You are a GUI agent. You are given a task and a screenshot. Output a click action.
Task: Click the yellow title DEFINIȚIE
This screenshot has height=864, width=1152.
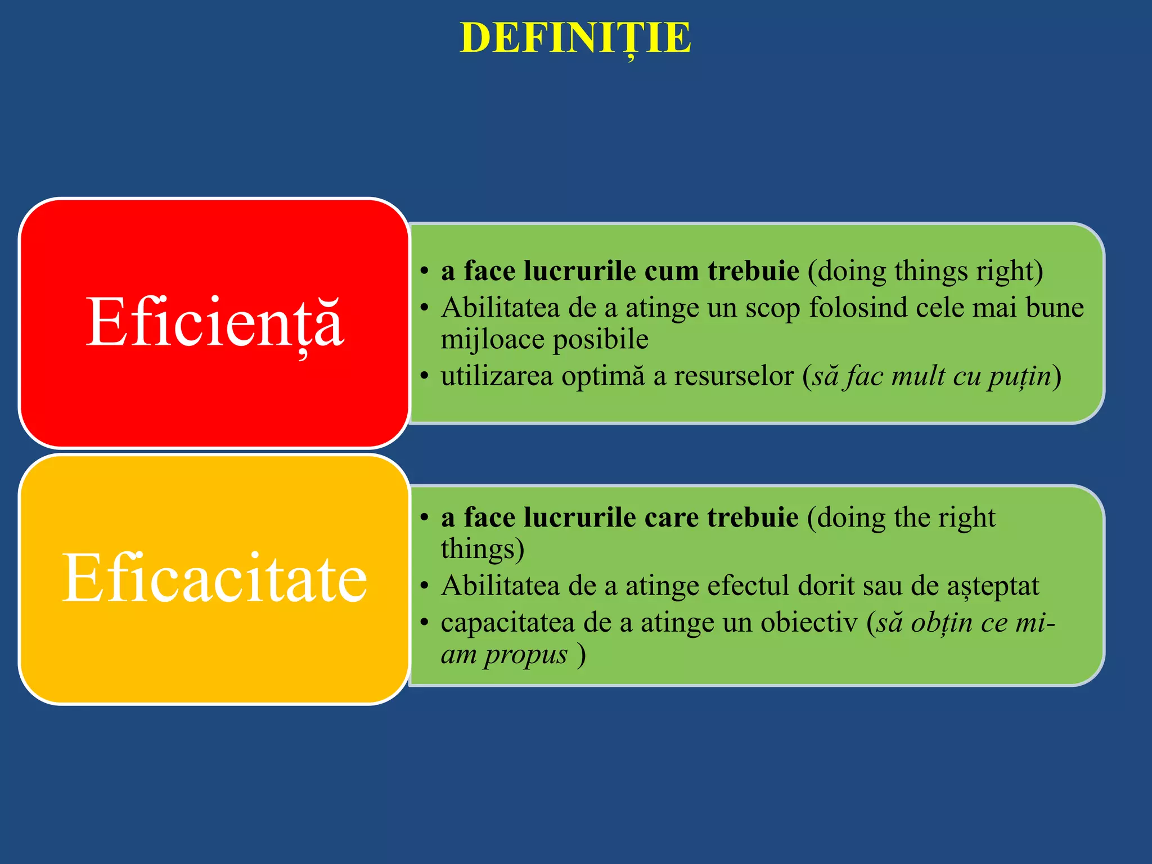[x=575, y=38]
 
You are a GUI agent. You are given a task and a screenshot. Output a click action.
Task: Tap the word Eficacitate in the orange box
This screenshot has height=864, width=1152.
[x=214, y=578]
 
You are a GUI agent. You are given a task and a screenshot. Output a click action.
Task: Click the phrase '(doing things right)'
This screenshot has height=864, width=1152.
[x=925, y=271]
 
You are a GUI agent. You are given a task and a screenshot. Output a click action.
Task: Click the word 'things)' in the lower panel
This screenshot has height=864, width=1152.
[x=482, y=549]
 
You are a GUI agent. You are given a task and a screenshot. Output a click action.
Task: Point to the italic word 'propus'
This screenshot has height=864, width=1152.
[x=526, y=655]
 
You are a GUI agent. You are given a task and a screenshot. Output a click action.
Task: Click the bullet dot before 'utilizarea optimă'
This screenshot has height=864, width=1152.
[x=425, y=376]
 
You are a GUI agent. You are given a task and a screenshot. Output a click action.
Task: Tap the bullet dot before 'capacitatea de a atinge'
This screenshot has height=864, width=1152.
[x=425, y=623]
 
